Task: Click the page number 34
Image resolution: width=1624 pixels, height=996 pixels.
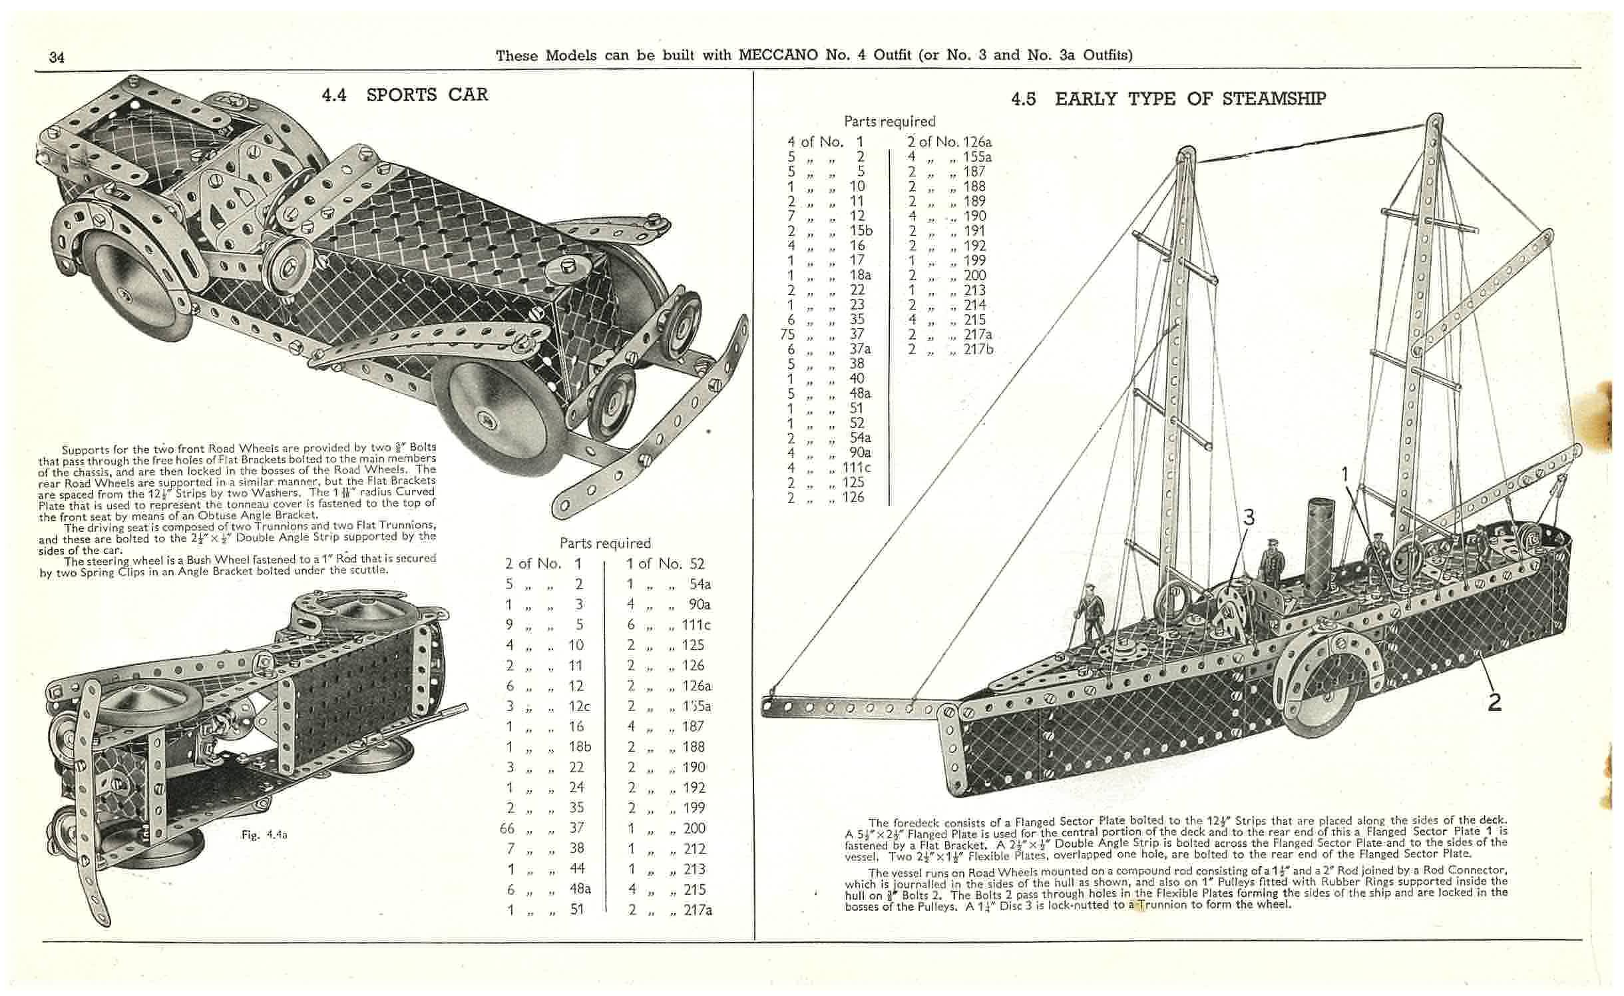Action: point(57,57)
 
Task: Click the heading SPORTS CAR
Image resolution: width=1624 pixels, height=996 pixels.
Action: point(427,95)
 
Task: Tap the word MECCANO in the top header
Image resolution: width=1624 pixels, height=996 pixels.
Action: point(778,55)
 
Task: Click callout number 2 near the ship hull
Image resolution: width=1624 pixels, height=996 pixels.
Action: point(1494,701)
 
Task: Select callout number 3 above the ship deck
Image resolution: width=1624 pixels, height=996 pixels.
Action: point(1249,517)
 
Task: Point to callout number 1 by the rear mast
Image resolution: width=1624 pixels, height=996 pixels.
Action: point(1344,474)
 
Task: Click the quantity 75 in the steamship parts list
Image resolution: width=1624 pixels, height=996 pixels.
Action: point(787,334)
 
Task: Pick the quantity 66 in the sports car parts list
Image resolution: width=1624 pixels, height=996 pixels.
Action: point(508,828)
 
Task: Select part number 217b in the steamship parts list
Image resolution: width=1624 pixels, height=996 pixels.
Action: point(978,349)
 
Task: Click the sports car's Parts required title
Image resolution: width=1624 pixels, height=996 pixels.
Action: point(605,543)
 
